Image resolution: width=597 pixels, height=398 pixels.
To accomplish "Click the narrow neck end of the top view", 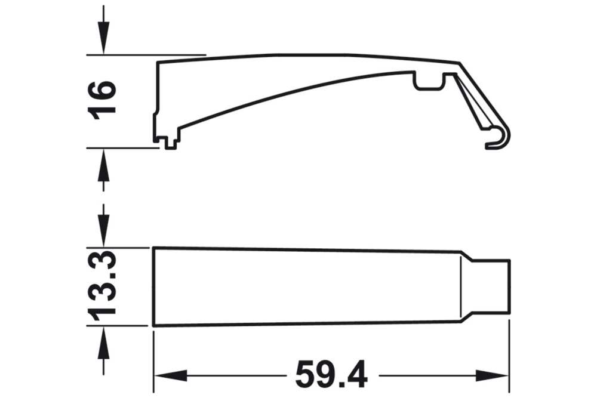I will click(x=493, y=285).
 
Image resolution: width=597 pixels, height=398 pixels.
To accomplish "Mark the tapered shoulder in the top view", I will click(x=467, y=285).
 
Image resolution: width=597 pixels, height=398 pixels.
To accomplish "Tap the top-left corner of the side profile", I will click(x=157, y=61).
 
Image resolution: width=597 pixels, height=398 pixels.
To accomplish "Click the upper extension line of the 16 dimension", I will click(x=146, y=55).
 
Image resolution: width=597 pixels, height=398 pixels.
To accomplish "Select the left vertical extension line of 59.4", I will click(x=153, y=358).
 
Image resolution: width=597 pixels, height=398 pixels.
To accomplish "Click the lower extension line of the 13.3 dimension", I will click(x=119, y=326).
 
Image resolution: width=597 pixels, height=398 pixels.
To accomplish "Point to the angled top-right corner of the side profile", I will click(x=460, y=63).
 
